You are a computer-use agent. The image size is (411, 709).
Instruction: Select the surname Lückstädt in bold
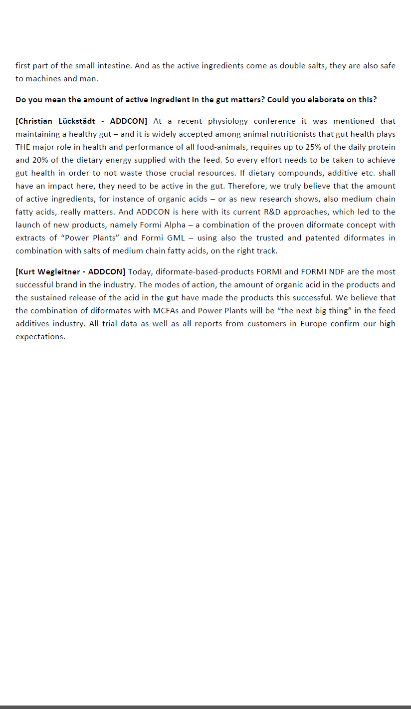(74, 121)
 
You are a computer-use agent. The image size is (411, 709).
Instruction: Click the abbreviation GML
(177, 237)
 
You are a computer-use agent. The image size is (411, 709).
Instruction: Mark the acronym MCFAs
(166, 310)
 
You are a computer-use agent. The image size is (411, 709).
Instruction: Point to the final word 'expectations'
(39, 336)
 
